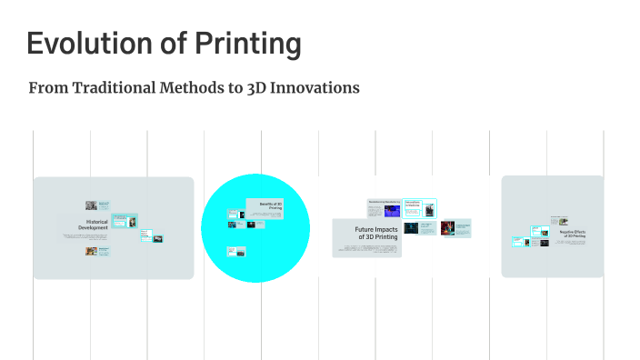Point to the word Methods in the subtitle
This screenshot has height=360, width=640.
(191, 88)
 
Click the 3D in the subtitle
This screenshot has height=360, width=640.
(257, 88)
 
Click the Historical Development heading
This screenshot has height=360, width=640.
(96, 225)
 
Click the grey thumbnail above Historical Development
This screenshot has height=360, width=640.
(91, 205)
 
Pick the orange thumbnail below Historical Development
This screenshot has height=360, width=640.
(91, 251)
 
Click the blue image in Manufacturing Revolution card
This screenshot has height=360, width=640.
(392, 211)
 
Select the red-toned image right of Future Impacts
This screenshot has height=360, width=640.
(447, 227)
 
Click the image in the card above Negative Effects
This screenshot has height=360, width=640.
(564, 221)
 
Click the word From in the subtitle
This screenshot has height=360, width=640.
(45, 88)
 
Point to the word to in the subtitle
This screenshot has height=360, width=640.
(235, 88)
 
